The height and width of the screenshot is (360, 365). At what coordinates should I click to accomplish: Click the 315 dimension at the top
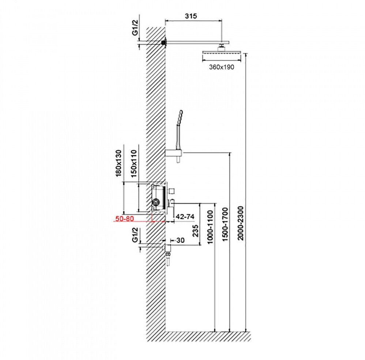(x=191, y=16)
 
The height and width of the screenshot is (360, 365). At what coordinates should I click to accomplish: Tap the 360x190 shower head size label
(x=222, y=67)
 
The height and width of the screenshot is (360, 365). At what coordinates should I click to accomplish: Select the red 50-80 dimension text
(x=124, y=218)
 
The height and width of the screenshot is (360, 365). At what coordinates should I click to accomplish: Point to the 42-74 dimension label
(x=185, y=217)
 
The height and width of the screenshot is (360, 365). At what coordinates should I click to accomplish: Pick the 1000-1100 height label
(x=210, y=226)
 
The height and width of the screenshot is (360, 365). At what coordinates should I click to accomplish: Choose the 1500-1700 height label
(x=225, y=224)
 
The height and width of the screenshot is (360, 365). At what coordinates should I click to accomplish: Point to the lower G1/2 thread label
(x=135, y=235)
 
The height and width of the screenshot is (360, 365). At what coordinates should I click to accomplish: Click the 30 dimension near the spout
(x=179, y=240)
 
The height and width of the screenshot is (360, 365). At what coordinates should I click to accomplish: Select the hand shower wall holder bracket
(x=174, y=153)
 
